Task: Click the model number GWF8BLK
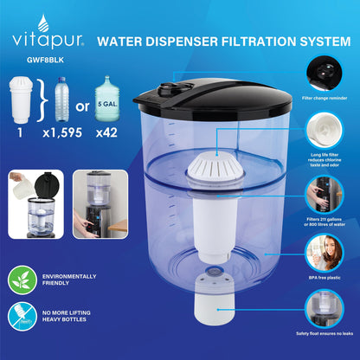[45, 60]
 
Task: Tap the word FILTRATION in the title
[258, 42]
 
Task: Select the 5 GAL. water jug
[107, 98]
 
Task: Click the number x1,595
[62, 132]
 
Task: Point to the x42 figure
[106, 132]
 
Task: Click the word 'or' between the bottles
[82, 106]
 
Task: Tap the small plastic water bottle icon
[62, 99]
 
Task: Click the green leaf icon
[22, 280]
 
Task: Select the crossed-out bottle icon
[22, 316]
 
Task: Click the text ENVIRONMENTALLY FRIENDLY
[69, 280]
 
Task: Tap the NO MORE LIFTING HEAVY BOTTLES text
[67, 316]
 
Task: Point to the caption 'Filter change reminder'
[325, 98]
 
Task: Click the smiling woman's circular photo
[325, 253]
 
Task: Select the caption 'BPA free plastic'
[325, 278]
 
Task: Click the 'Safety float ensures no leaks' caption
[325, 333]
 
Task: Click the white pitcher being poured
[22, 187]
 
